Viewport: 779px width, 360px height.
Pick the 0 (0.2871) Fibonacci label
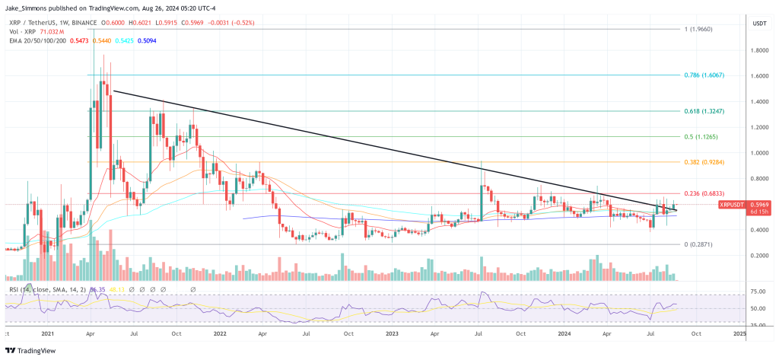[698, 244]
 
